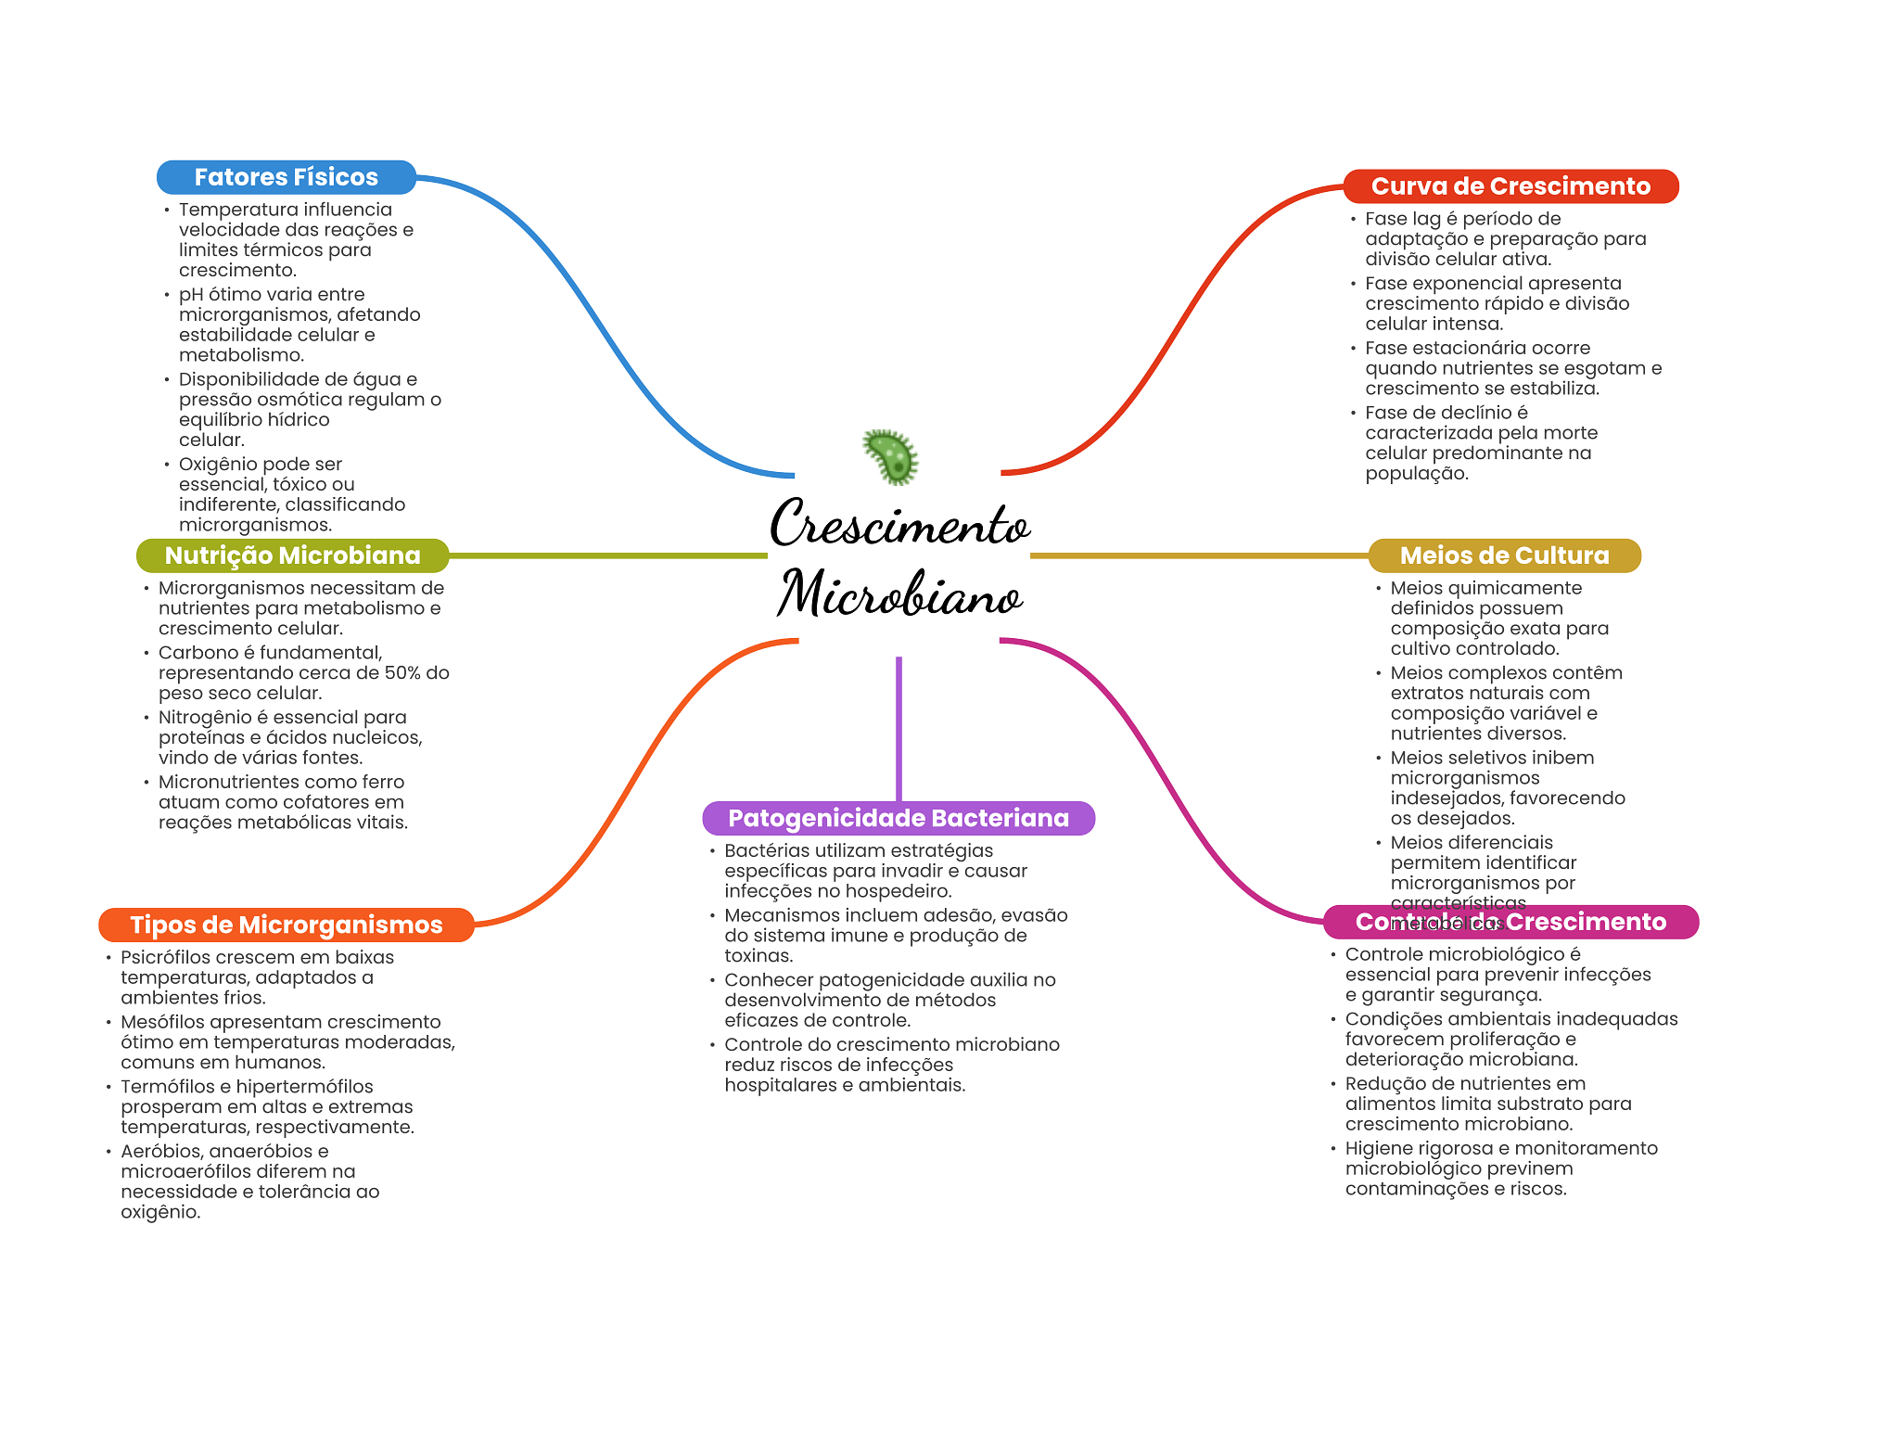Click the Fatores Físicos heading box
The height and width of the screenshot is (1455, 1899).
pyautogui.click(x=286, y=177)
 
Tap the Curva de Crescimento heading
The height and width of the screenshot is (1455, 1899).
pyautogui.click(x=1510, y=186)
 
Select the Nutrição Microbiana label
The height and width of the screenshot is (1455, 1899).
pyautogui.click(x=292, y=555)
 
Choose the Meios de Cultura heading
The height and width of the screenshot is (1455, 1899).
pyautogui.click(x=1504, y=555)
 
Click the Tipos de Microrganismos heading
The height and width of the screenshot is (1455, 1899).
pyautogui.click(x=286, y=925)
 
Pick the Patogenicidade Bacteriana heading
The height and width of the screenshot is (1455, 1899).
pyautogui.click(x=898, y=818)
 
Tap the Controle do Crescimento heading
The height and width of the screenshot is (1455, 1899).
pyautogui.click(x=1510, y=922)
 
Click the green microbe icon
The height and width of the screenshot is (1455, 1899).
pyautogui.click(x=891, y=456)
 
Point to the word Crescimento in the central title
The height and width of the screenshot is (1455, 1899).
pyautogui.click(x=899, y=524)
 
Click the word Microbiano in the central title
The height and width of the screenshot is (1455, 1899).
pyautogui.click(x=899, y=593)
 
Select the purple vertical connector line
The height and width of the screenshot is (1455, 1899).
pyautogui.click(x=899, y=728)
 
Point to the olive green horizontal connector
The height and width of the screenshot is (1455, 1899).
pyautogui.click(x=607, y=555)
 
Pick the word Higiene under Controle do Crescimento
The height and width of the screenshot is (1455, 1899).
pyautogui.click(x=1378, y=1148)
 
